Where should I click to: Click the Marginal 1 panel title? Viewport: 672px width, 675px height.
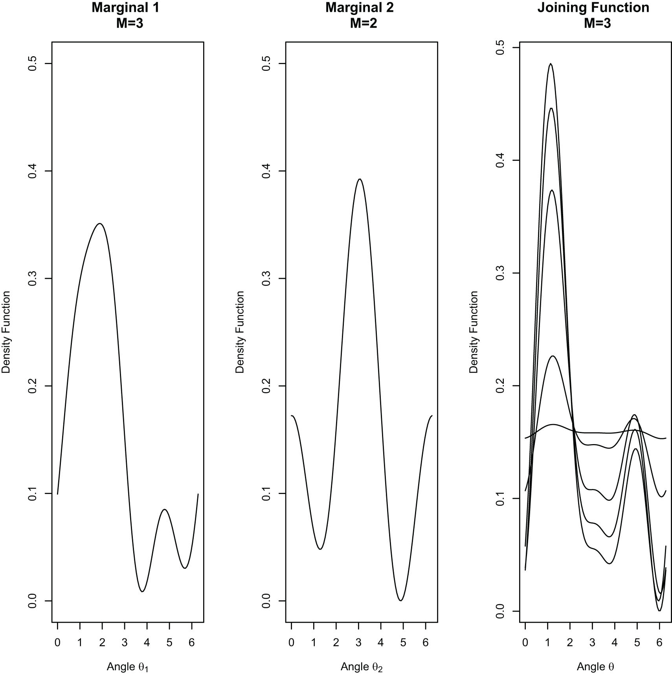pyautogui.click(x=126, y=8)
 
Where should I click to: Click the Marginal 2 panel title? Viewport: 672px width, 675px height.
pyautogui.click(x=360, y=8)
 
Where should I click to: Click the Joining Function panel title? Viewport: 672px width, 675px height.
pyautogui.click(x=593, y=8)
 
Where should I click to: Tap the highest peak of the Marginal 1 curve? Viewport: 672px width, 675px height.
pyautogui.click(x=100, y=223)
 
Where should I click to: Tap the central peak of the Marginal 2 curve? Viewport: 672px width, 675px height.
pyautogui.click(x=359, y=179)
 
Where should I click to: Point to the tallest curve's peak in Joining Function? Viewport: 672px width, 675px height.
pyautogui.click(x=551, y=64)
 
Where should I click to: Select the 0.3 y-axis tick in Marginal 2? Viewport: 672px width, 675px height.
pyautogui.click(x=266, y=278)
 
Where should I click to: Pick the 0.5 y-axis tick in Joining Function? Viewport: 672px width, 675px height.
pyautogui.click(x=500, y=48)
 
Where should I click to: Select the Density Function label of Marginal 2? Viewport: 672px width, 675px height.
pyautogui.click(x=240, y=332)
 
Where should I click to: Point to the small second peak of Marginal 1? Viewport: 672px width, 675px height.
pyautogui.click(x=165, y=509)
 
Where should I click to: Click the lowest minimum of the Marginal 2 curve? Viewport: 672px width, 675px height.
pyautogui.click(x=400, y=600)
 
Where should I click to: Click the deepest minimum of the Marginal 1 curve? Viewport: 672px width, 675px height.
pyautogui.click(x=142, y=591)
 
